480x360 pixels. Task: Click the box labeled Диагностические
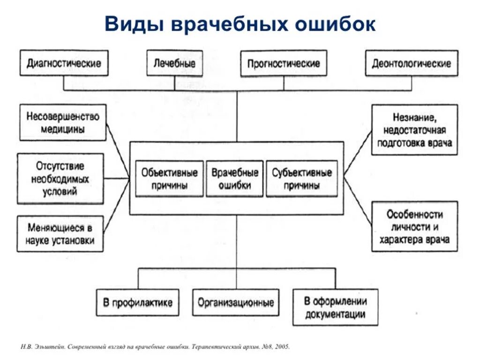[x=64, y=63]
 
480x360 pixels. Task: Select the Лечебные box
[x=174, y=63]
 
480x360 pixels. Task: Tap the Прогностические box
[x=284, y=63]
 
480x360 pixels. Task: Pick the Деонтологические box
[x=412, y=63]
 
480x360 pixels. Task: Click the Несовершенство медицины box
[x=63, y=122]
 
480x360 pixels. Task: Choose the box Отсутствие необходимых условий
[x=60, y=179]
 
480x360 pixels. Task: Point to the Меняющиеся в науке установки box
[x=60, y=233]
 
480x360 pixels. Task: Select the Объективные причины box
[x=170, y=179]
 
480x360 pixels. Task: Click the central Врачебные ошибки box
[x=235, y=179]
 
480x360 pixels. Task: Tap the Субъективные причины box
[x=302, y=179]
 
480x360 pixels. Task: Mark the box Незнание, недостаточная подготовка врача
[x=414, y=130]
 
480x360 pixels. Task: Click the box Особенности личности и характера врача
[x=414, y=226]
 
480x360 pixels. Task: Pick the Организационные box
[x=236, y=302]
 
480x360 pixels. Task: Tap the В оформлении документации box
[x=335, y=307]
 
